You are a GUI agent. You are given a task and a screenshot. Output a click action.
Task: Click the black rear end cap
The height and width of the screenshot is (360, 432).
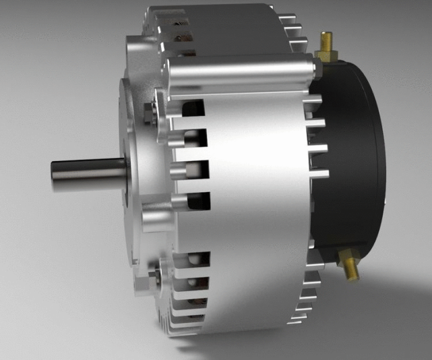pyautogui.click(x=354, y=155)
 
